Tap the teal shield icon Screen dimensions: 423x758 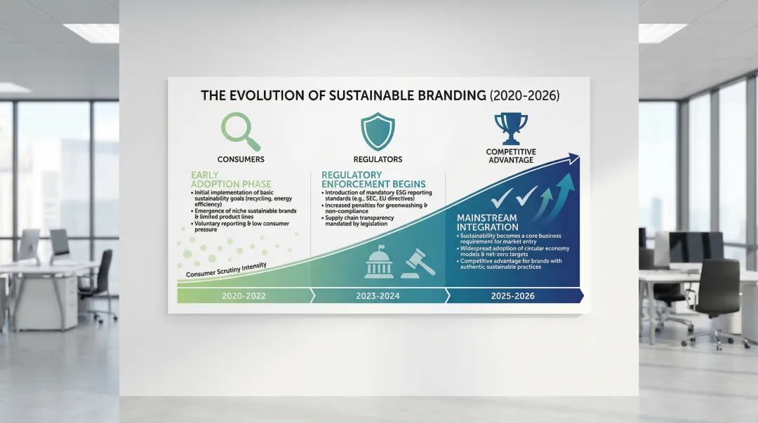(x=378, y=130)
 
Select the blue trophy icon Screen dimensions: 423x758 (x=511, y=127)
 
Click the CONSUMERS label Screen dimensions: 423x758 (x=241, y=159)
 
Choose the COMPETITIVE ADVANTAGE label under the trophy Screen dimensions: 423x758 (x=511, y=156)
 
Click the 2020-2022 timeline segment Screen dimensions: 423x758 (x=242, y=296)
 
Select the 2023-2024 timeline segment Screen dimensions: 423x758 (x=378, y=296)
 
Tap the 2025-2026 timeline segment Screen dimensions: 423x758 (x=512, y=296)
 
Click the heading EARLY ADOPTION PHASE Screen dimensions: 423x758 (x=224, y=179)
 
